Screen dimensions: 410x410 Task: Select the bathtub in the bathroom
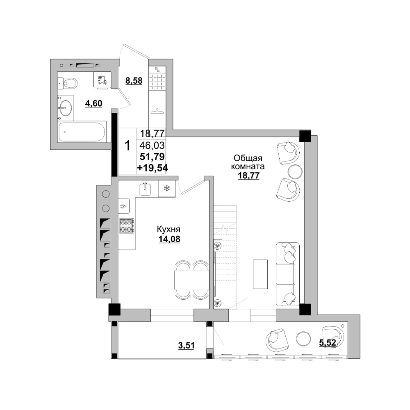click(82, 132)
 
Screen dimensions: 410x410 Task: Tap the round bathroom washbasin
click(65, 107)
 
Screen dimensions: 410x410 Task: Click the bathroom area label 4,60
click(93, 104)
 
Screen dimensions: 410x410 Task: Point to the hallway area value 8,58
click(134, 81)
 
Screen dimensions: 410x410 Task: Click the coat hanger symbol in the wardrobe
click(157, 111)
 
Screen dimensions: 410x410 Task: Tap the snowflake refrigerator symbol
click(166, 188)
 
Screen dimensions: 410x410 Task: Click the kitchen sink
click(145, 189)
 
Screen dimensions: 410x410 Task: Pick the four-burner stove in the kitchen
click(127, 225)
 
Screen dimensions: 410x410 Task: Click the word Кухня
click(169, 229)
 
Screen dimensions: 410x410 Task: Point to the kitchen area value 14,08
click(169, 239)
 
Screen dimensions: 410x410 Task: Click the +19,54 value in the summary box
click(153, 168)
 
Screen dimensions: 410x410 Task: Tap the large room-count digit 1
click(128, 146)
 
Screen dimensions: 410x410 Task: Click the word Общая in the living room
click(248, 158)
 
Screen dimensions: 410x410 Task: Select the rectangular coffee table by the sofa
click(260, 274)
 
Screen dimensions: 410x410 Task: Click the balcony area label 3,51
click(186, 345)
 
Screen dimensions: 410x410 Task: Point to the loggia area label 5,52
click(327, 342)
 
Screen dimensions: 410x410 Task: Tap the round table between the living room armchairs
click(295, 171)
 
